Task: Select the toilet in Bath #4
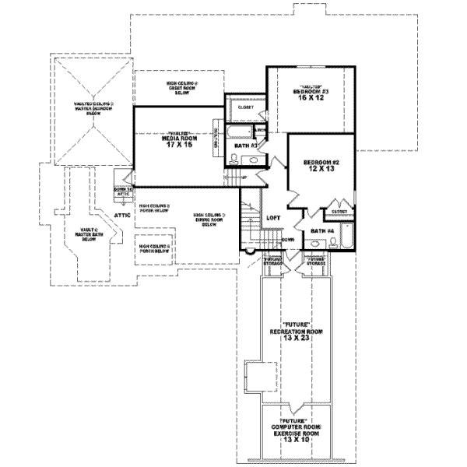[332, 243]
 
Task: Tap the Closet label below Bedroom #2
[339, 211]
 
